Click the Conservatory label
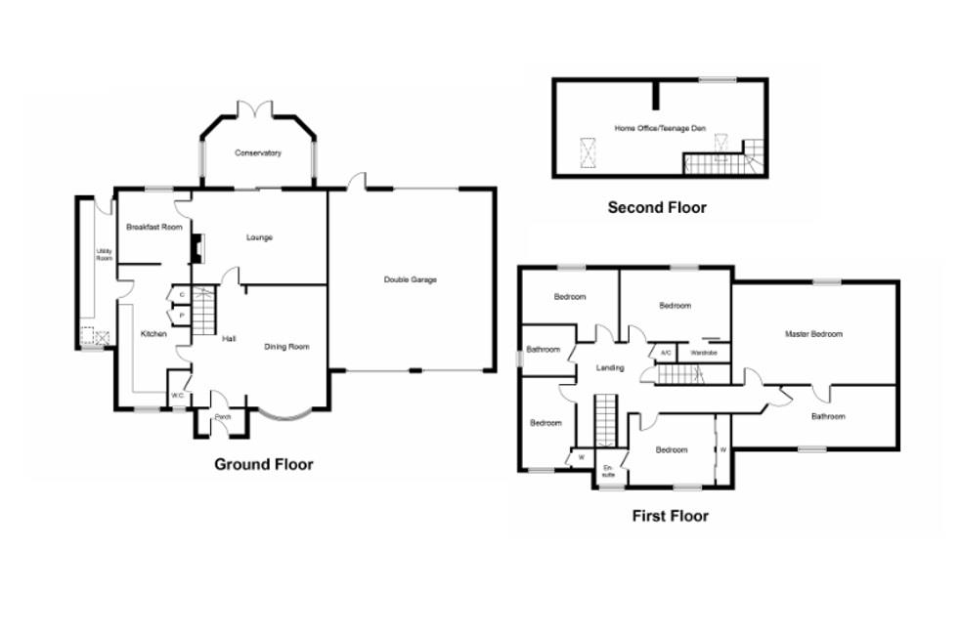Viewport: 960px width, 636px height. (258, 153)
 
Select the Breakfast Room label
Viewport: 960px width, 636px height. (154, 228)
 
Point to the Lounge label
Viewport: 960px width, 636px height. (259, 237)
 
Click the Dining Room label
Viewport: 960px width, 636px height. (286, 346)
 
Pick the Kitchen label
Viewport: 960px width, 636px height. (153, 334)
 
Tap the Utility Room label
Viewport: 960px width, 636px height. (104, 255)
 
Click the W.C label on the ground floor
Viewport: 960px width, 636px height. (179, 395)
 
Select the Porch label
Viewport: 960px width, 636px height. (222, 417)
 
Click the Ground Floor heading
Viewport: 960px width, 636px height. (264, 464)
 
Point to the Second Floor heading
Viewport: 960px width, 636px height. (657, 207)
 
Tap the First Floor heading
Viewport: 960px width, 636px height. (670, 516)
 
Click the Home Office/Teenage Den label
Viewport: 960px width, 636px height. (660, 128)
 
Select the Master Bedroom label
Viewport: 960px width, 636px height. (813, 334)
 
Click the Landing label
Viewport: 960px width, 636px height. (610, 367)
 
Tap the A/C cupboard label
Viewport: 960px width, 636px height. (666, 353)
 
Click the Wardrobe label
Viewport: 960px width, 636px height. (704, 353)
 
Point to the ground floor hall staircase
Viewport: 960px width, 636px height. (202, 312)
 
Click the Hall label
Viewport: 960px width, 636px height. (229, 339)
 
